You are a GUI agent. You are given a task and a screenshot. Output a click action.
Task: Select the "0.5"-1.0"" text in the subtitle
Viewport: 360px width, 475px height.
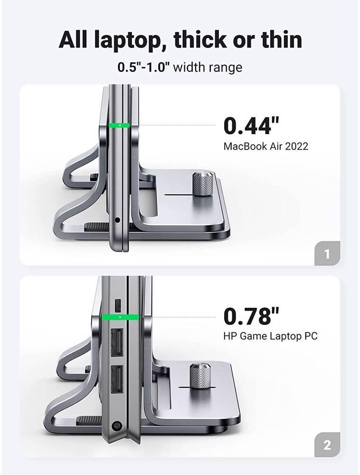(144, 67)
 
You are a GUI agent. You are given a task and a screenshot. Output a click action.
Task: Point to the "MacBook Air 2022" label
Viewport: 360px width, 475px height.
(266, 146)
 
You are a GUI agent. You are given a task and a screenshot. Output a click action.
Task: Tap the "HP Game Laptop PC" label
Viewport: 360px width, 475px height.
(270, 336)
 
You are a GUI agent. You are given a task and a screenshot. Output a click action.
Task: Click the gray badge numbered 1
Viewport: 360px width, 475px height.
(327, 253)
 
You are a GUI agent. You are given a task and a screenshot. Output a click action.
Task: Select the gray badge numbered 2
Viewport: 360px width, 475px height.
(327, 445)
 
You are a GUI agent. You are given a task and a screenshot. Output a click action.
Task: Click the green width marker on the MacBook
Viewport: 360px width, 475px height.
(120, 125)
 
